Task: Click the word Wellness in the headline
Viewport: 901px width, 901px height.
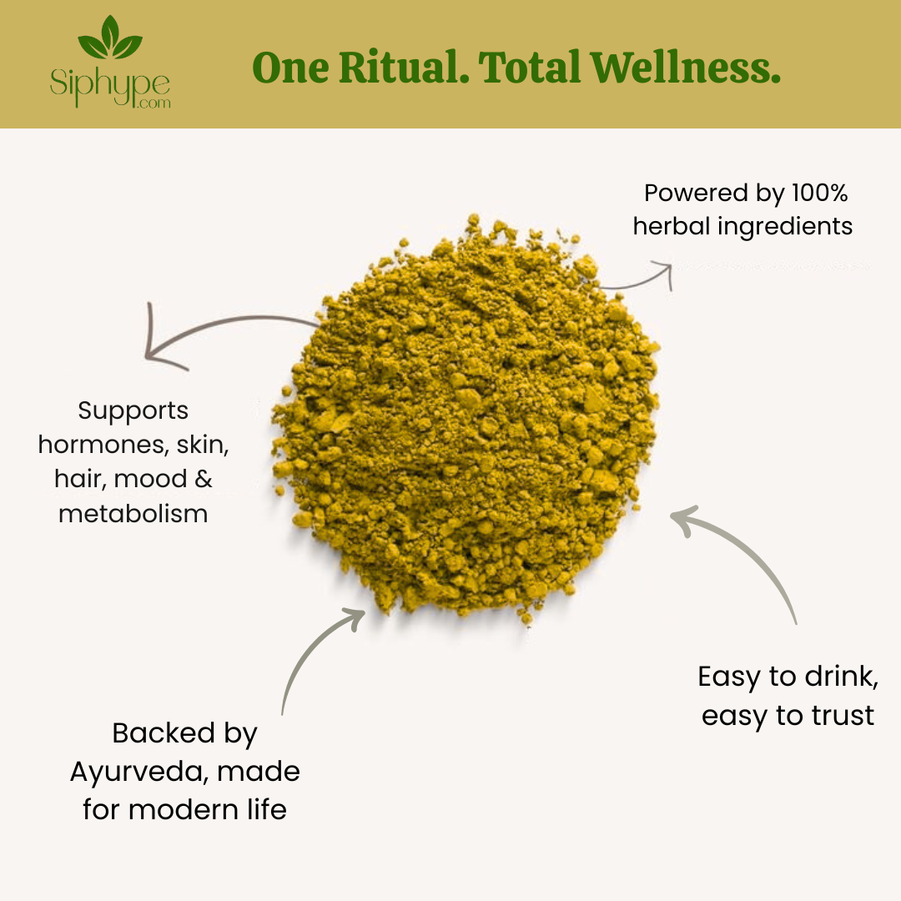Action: click(685, 68)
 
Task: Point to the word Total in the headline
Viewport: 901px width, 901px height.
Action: click(529, 68)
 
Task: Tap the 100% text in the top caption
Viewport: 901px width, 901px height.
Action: click(819, 193)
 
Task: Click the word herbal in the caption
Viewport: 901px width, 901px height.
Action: click(672, 226)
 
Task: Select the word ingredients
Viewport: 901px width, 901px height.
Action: click(786, 227)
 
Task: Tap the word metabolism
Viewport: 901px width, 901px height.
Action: click(133, 514)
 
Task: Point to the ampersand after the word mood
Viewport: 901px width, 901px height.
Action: click(204, 479)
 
